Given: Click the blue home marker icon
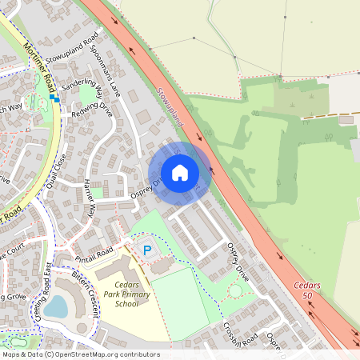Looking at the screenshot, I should click(180, 172).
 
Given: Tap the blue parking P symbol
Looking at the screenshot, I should click(147, 250).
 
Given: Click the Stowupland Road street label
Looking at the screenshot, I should click(72, 47).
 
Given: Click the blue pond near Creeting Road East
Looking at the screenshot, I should click(56, 306).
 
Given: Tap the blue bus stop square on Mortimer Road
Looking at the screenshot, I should click(53, 98).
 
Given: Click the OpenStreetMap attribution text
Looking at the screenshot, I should click(80, 354).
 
